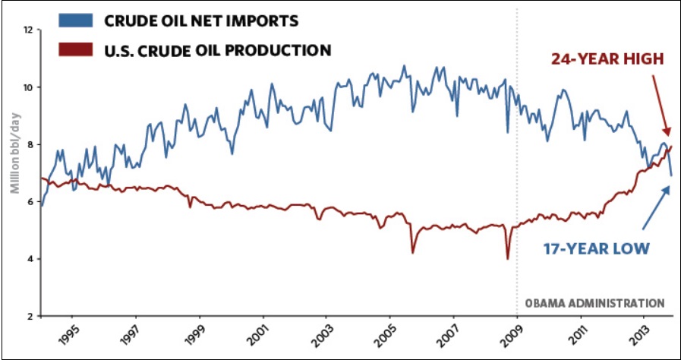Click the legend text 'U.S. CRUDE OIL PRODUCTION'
(217, 51)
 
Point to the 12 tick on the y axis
(29, 30)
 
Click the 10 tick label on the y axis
(29, 87)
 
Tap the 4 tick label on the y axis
(30, 259)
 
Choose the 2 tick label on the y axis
(30, 316)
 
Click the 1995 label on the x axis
(71, 335)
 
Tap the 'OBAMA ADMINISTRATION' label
(594, 302)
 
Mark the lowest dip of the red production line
(507, 259)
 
